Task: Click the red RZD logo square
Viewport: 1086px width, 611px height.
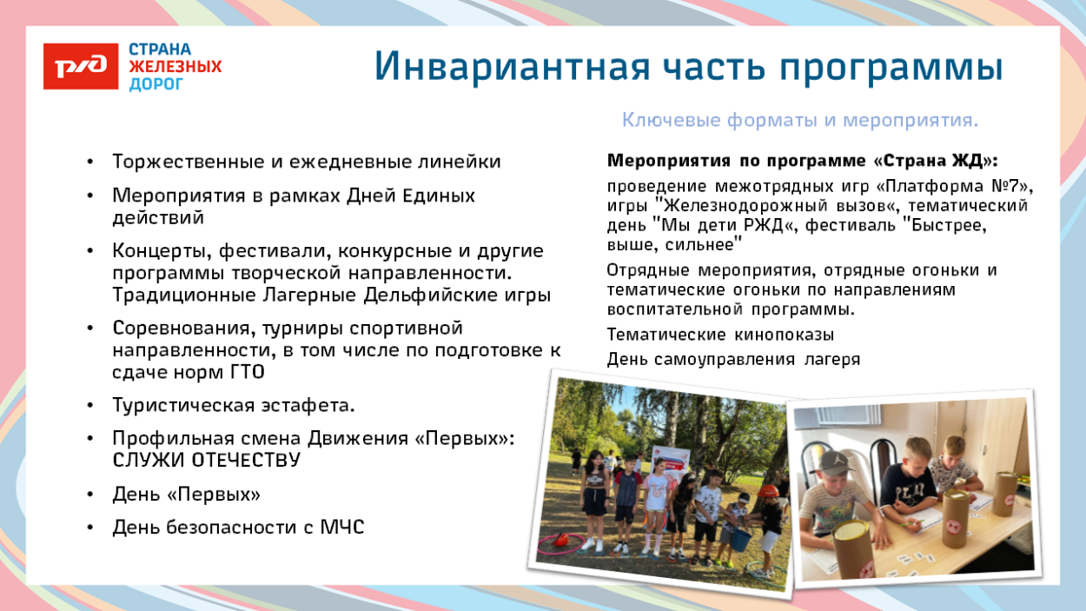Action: coord(81,66)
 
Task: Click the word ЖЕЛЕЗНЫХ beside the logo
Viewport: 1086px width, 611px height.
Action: coord(175,66)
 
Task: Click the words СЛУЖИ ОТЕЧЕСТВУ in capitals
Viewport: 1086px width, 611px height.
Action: coord(206,461)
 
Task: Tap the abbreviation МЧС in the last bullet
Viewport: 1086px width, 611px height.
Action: coord(341,527)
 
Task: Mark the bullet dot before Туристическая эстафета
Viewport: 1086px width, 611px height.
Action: coord(91,407)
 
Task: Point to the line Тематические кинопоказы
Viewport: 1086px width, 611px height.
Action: coord(720,335)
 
